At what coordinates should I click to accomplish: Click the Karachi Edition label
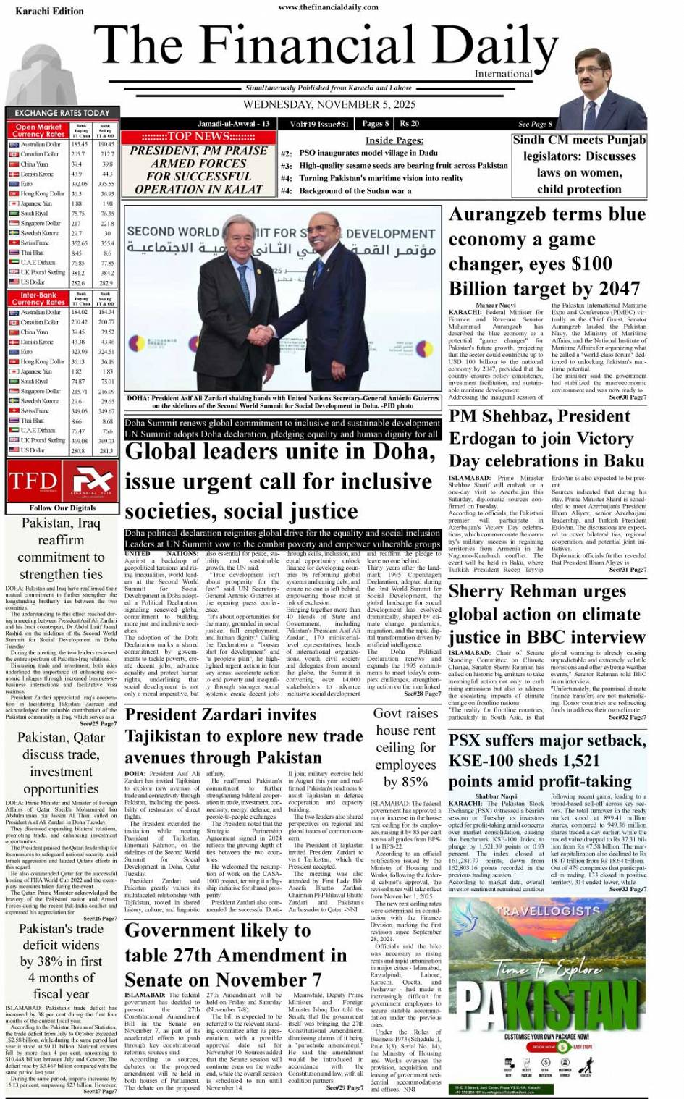coord(39,11)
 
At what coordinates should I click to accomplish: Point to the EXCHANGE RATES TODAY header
coord(62,113)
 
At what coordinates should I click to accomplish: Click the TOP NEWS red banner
coord(198,137)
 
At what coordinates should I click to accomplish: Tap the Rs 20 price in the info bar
coord(410,124)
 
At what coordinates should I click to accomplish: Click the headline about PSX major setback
coord(546,760)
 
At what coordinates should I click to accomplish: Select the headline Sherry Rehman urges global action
coord(546,614)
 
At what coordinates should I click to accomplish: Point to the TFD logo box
coord(33,481)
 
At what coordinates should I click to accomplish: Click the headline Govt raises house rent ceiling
coord(405,747)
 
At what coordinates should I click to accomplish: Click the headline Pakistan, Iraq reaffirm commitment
coord(61,549)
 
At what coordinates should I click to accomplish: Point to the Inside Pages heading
coord(394,140)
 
